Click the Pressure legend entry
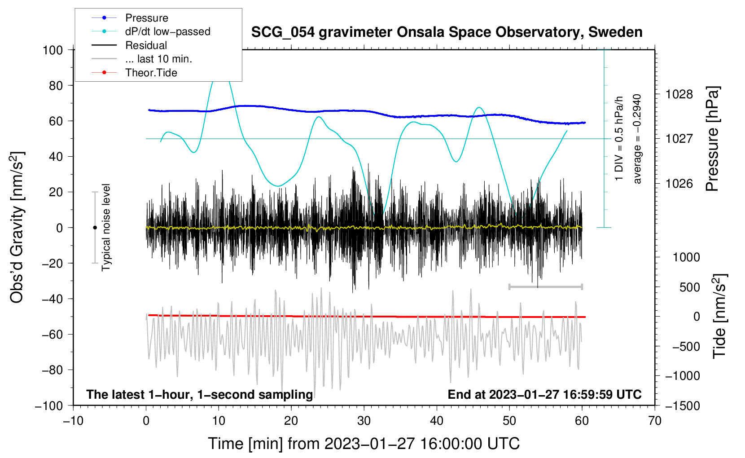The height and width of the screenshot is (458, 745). pos(130,18)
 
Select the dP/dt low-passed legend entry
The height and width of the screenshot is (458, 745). pos(151,31)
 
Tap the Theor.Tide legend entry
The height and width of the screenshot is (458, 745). pos(134,73)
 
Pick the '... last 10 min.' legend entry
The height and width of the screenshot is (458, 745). pos(142,59)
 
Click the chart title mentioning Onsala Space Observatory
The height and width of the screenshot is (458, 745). pos(447,32)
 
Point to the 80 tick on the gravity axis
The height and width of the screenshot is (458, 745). pos(56,86)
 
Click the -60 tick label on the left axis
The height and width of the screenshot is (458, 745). pos(52,335)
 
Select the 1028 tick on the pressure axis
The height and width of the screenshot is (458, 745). pos(679,95)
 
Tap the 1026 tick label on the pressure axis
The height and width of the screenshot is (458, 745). pos(679,183)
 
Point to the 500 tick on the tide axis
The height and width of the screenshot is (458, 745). pos(690,287)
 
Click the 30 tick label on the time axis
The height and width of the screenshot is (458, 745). pos(364,421)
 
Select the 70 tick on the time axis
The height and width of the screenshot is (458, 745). pos(654,421)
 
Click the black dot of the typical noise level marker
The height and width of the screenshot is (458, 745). pos(95,228)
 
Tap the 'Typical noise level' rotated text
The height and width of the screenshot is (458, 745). pos(106,228)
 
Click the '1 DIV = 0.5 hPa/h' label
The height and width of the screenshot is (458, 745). pos(618,139)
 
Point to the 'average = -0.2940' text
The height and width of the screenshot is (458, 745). pos(637,139)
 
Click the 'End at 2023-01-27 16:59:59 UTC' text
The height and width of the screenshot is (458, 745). pos(544,394)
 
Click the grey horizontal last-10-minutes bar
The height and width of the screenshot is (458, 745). pos(545,286)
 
